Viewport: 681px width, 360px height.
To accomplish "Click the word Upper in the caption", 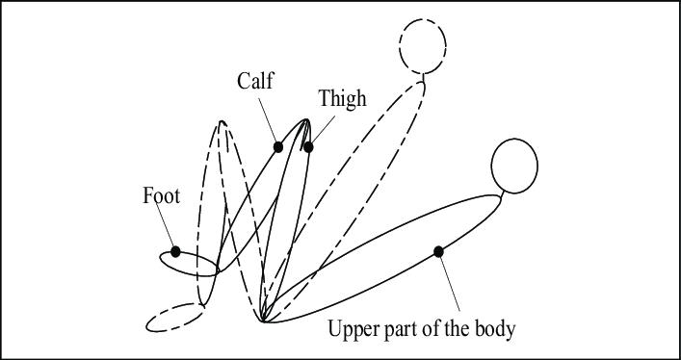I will click(354, 329).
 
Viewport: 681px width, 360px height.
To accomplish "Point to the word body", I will click(494, 329).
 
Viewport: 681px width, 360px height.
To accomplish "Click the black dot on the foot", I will click(175, 251).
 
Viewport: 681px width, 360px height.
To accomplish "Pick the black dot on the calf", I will click(278, 147).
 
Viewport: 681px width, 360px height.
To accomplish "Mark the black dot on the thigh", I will click(308, 147).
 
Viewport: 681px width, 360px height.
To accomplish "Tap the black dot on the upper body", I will click(439, 251).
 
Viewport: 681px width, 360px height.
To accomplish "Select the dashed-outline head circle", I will click(423, 46).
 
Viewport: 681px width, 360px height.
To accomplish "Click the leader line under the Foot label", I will click(167, 227).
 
